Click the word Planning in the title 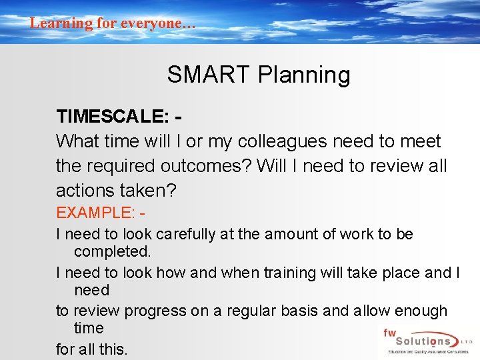pyautogui.click(x=303, y=75)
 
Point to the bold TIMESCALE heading pyautogui.click(x=112, y=117)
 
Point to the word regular pyautogui.click(x=262, y=311)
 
